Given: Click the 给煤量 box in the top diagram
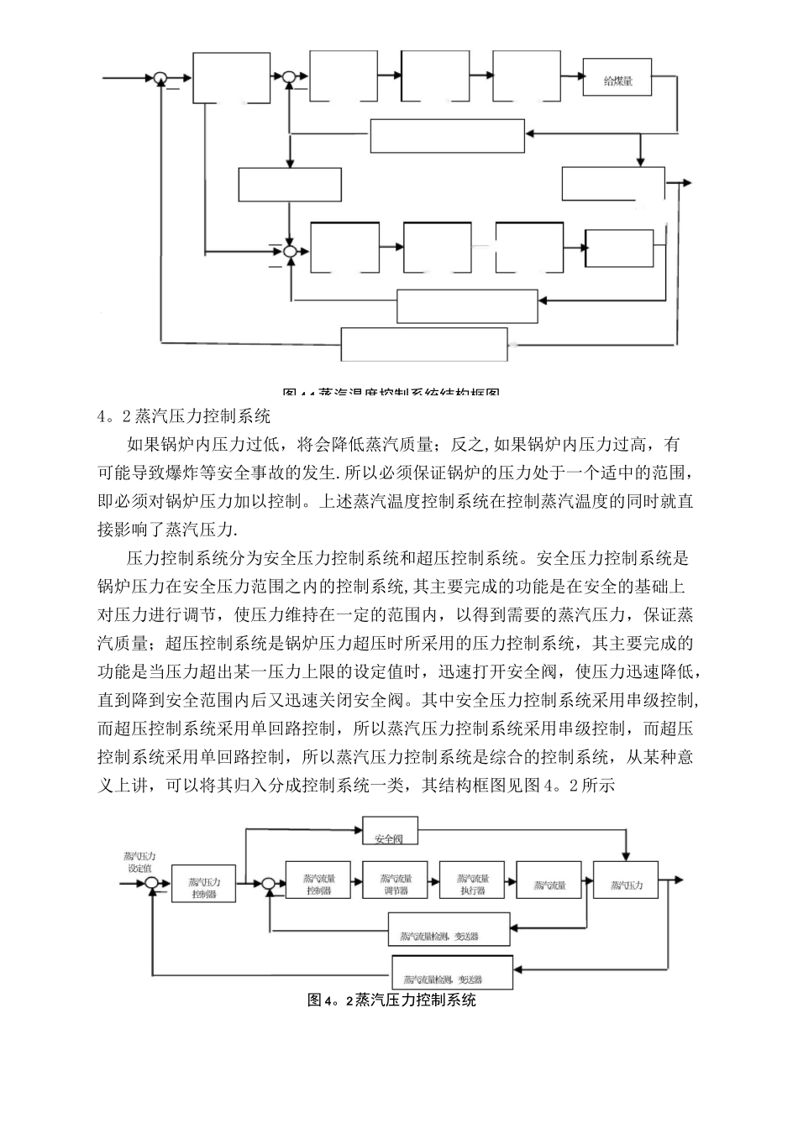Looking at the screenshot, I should point(617,81).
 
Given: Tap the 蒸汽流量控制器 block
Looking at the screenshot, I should point(318,884).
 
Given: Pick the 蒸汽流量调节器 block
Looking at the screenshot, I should point(395,884).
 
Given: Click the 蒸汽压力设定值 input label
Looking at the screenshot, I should point(139,862).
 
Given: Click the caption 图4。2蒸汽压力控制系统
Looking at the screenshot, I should point(392,1000).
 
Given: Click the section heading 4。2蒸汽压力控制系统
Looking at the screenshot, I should point(184,415).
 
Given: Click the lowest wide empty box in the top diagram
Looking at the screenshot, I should point(424,344).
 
